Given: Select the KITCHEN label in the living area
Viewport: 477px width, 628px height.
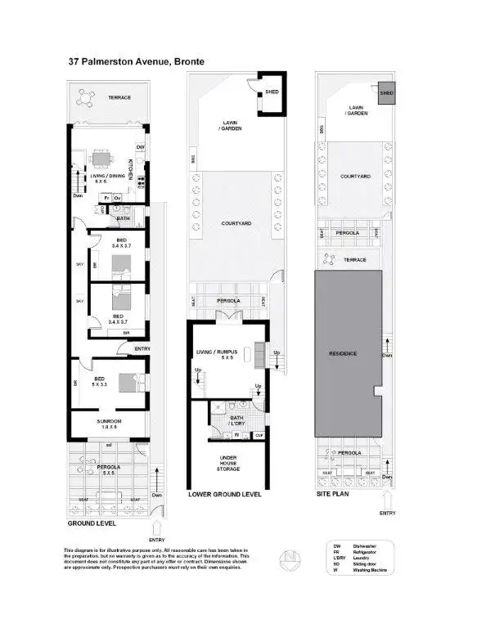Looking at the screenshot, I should pyautogui.click(x=133, y=166).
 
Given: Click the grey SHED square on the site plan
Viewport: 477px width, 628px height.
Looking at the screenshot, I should pyautogui.click(x=385, y=93).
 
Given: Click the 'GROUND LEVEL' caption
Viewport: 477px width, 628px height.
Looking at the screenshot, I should pyautogui.click(x=91, y=523).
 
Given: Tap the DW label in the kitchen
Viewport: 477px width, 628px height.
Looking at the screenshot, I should pyautogui.click(x=140, y=147).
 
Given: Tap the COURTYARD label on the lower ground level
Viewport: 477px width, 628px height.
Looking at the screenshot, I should pyautogui.click(x=236, y=222).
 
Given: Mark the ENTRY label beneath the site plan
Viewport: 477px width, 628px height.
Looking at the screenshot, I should pyautogui.click(x=388, y=513).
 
